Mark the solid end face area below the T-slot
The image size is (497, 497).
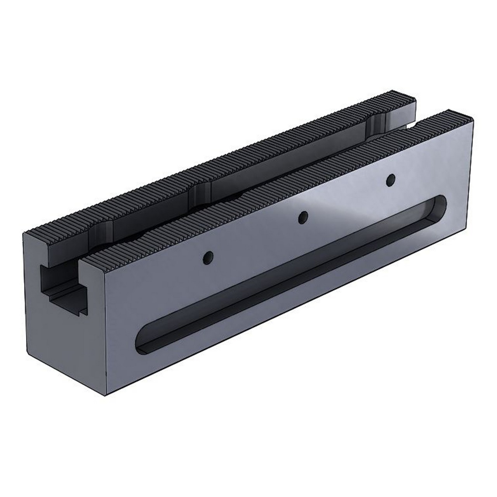click(62, 342)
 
